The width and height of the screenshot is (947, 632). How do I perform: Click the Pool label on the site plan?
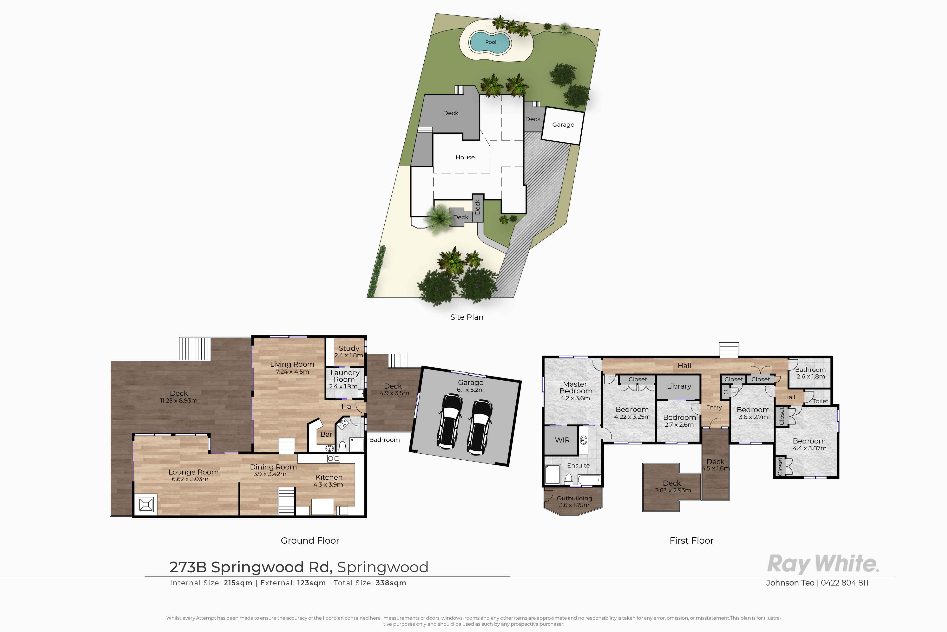coord(491,42)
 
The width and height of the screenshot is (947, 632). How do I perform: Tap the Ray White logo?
coord(823,563)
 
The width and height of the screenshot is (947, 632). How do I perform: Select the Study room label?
coord(349,348)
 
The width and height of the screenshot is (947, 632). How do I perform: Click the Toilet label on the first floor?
coord(820,401)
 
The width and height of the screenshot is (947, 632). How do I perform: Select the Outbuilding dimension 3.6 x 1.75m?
coord(574,505)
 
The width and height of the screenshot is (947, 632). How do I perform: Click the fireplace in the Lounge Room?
coord(145,504)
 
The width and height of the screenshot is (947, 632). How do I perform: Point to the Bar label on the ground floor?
coord(326,434)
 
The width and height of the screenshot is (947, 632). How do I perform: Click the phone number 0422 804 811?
coord(845,583)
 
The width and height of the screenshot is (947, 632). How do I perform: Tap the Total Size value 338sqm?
coord(391,583)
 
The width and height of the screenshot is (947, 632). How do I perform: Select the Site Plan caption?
coord(467,317)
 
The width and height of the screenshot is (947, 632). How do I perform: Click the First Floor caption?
coord(691,541)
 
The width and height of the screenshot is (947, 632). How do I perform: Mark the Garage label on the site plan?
coord(563,124)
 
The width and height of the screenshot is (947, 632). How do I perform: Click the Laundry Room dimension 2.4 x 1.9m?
coord(343,386)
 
